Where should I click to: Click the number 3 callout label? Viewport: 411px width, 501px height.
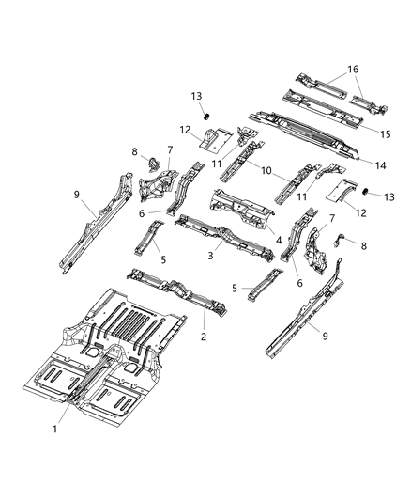tap(213, 255)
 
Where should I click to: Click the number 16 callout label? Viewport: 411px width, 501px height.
tap(353, 69)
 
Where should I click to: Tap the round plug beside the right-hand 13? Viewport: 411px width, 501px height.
tap(358, 193)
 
